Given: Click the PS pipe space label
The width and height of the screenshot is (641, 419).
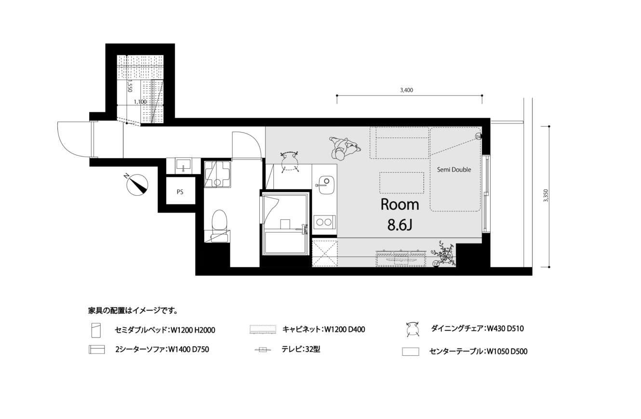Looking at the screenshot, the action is [180, 192].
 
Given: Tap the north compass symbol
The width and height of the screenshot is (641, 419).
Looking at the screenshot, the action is [137, 185].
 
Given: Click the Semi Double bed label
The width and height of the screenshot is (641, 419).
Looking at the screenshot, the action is [454, 169].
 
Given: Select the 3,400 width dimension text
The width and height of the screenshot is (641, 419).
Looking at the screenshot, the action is [406, 90].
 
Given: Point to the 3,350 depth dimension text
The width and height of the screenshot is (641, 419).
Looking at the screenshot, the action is [546, 196].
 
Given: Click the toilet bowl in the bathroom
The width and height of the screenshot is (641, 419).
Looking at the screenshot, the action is [219, 220].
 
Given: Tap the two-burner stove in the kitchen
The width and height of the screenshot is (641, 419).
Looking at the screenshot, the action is [324, 222].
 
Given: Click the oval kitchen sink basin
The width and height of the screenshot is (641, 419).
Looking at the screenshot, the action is [326, 185].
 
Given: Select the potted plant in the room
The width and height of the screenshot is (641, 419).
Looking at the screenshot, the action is [443, 253].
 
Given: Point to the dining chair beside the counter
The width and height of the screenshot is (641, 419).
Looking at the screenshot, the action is [290, 162].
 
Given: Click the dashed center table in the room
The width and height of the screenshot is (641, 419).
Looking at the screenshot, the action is [402, 183].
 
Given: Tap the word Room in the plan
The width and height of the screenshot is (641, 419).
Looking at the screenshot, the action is [400, 204].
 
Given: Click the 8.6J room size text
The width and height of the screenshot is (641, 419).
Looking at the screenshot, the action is [400, 225].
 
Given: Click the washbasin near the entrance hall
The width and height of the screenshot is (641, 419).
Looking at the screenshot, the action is [184, 165].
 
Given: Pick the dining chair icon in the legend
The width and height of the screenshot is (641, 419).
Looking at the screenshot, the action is [413, 329].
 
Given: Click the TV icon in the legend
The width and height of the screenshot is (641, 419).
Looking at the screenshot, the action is [262, 350].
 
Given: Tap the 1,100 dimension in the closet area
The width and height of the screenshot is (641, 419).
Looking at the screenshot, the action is [140, 102].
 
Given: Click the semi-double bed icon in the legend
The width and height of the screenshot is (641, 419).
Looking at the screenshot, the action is [96, 330].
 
